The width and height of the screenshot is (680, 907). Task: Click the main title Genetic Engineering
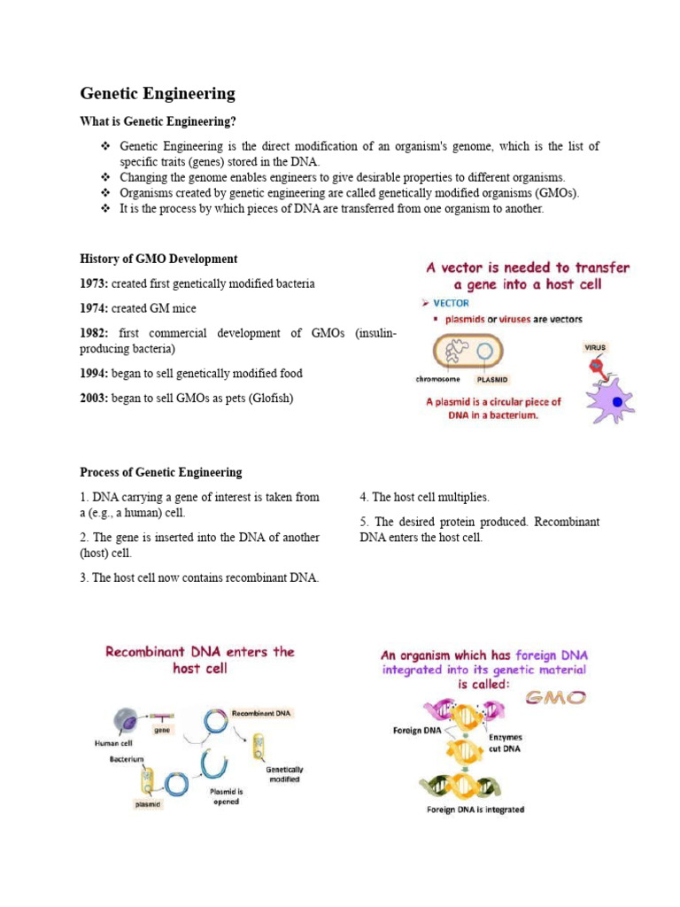click(158, 93)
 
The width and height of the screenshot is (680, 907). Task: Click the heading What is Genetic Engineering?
click(158, 120)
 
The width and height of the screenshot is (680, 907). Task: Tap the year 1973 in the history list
click(94, 283)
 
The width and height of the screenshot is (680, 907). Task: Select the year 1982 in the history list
click(94, 333)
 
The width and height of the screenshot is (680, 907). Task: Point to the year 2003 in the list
click(94, 399)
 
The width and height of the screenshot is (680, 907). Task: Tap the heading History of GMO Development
click(158, 259)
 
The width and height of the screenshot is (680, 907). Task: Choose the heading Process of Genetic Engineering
click(160, 472)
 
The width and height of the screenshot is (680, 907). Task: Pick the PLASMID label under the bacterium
click(492, 379)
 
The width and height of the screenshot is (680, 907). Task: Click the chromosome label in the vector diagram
click(441, 379)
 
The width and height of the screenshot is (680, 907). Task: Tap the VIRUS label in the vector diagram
click(595, 347)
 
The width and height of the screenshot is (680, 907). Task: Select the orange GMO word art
click(557, 697)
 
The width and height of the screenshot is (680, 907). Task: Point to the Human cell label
click(113, 744)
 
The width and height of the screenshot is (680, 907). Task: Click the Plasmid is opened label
click(226, 796)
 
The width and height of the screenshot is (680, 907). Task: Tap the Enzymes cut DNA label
click(506, 743)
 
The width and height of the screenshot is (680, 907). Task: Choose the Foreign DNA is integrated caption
click(475, 810)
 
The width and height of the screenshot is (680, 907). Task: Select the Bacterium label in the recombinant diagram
click(127, 759)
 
